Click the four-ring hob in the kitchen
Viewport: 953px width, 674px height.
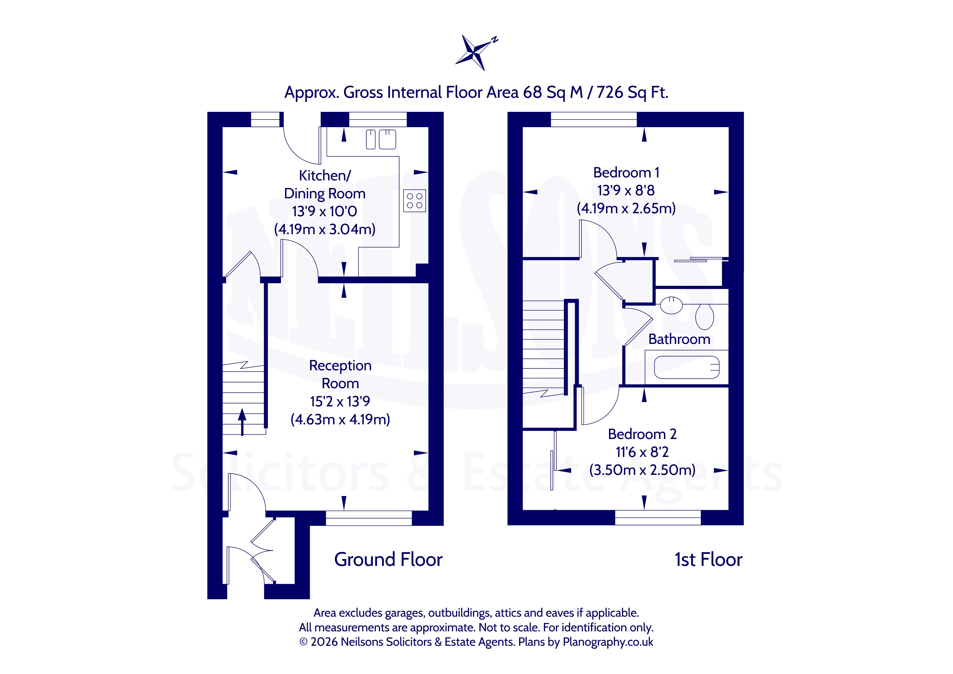click(414, 201)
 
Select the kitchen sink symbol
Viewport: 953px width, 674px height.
click(381, 139)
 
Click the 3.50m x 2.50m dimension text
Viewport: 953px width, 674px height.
click(642, 470)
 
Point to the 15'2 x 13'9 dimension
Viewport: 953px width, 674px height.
click(340, 401)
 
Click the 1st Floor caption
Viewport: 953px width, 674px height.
click(708, 559)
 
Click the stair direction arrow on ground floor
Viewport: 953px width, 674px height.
click(242, 422)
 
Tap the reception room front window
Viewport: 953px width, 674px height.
click(368, 518)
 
